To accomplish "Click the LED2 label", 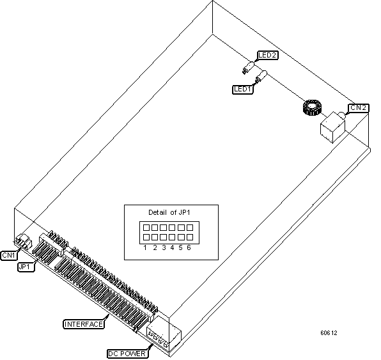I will click(267, 56).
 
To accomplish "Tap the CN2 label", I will click(357, 107).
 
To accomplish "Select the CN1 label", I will click(8, 255).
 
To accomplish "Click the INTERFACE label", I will click(83, 324).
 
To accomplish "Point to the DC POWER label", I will click(127, 352).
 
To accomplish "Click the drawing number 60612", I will click(329, 333).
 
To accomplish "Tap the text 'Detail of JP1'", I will click(171, 212).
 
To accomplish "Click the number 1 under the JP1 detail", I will click(146, 247).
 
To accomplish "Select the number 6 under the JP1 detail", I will click(189, 247).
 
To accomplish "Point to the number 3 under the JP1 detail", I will click(163, 247).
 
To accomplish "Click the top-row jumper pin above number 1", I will click(146, 228).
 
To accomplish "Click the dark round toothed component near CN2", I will click(310, 108).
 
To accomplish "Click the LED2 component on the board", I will click(249, 67).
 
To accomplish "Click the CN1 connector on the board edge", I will click(24, 242).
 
